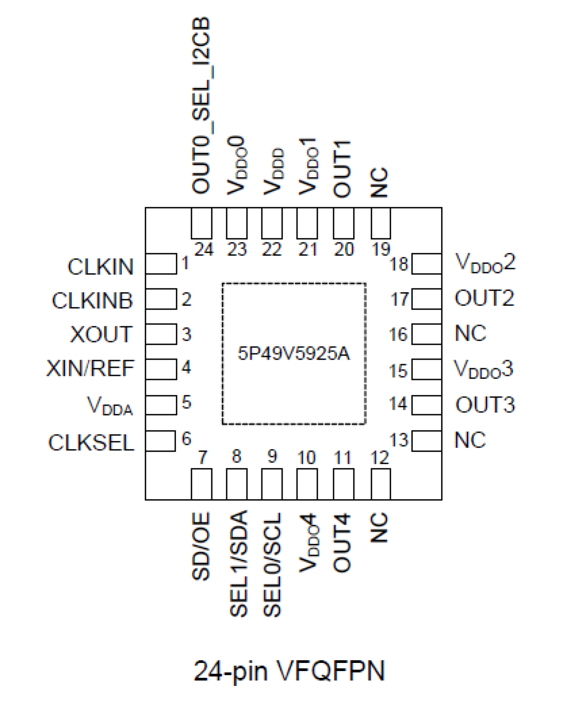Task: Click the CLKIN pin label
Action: [101, 267]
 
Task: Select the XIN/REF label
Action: [90, 369]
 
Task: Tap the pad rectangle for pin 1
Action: [161, 264]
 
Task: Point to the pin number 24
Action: [204, 250]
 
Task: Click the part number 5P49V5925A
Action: [294, 353]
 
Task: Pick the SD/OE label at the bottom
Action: [201, 546]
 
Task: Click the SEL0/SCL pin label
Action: [272, 564]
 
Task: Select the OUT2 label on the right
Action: [484, 298]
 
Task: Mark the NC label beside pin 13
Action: [470, 440]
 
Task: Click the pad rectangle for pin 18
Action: [427, 264]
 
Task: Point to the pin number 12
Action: [380, 458]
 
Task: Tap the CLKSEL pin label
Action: [91, 443]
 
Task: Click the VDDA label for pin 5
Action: [110, 405]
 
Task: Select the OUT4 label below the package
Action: [342, 542]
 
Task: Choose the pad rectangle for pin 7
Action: [201, 484]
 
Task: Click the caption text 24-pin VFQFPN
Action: [289, 671]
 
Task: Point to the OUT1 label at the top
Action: [342, 169]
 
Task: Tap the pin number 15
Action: [398, 371]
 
